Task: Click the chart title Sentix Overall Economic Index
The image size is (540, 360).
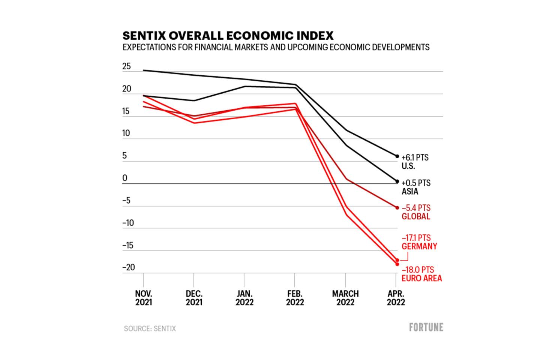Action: pos(228,36)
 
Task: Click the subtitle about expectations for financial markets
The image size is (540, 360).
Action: pos(276,48)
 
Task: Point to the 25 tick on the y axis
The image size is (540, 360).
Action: pos(127,67)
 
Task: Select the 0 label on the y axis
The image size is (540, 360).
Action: pos(125,178)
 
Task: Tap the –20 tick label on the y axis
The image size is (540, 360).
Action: pos(128,268)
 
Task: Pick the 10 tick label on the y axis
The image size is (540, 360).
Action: pos(126,133)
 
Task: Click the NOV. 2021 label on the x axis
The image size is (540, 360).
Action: pos(144,298)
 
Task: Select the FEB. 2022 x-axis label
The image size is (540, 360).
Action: pos(295,298)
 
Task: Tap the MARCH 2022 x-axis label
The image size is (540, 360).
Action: pos(345,298)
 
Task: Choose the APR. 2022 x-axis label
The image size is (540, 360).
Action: pos(396,298)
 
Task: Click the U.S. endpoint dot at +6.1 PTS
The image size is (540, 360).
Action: pos(397,156)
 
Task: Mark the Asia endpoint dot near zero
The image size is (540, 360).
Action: pos(397,181)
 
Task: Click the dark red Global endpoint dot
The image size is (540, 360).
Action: pos(397,208)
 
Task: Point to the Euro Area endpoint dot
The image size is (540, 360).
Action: pos(397,264)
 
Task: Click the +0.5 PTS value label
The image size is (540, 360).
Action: pos(416,183)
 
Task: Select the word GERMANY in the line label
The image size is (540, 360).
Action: pos(419,246)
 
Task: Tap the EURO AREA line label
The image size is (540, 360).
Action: pos(421,278)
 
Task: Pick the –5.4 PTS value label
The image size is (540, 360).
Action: pos(416,208)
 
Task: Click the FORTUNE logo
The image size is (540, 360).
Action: pos(426,327)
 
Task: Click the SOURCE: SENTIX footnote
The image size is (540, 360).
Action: pos(150,328)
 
